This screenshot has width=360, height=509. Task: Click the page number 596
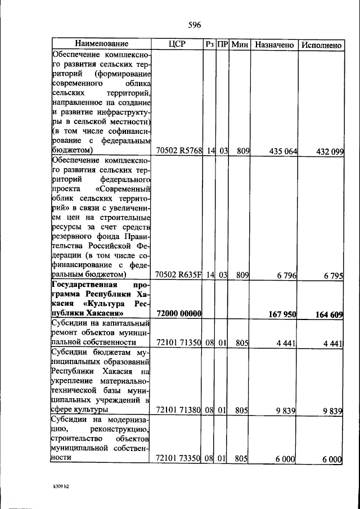click(x=194, y=25)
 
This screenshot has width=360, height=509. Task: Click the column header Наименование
click(x=102, y=44)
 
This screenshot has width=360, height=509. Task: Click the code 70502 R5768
click(x=178, y=151)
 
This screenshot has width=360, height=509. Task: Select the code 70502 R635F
click(x=178, y=275)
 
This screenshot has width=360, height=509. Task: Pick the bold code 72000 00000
click(x=179, y=314)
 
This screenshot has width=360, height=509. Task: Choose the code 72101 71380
click(x=178, y=411)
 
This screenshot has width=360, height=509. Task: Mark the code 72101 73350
click(x=178, y=458)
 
